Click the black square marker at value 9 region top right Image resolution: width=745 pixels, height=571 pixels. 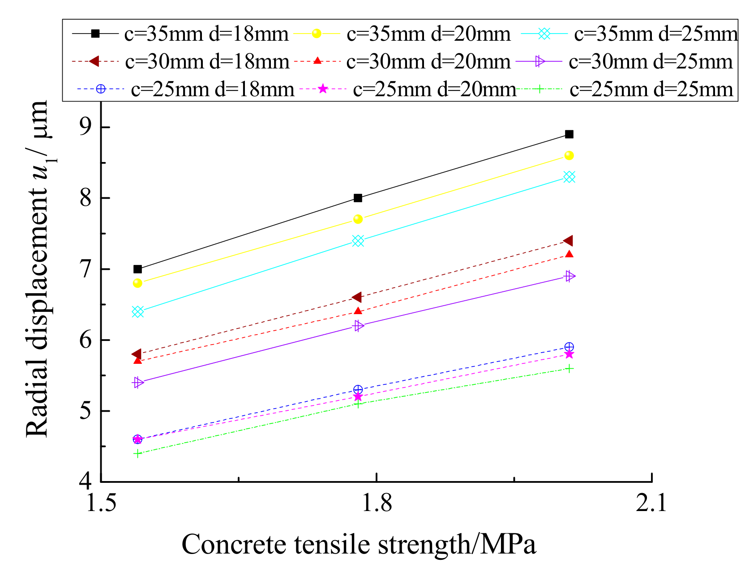569,134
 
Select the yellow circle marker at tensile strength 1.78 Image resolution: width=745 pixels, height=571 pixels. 358,219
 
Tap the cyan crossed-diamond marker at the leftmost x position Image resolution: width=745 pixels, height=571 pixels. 137,311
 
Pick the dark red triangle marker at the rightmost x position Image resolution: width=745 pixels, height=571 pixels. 569,241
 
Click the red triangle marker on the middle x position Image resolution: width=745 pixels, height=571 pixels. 358,311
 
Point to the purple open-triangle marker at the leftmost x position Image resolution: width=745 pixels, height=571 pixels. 138,382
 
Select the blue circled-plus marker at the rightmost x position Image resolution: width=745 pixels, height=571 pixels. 569,347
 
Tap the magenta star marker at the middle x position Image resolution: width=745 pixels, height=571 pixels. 358,396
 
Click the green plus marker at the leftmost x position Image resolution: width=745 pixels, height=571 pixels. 137,453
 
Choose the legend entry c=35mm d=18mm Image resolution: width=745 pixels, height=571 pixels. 206,34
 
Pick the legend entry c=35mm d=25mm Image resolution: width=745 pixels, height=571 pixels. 655,34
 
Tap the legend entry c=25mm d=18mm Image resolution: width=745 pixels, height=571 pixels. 212,89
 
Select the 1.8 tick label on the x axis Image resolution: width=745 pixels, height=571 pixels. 376,503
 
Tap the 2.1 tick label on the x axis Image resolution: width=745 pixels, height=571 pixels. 651,503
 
